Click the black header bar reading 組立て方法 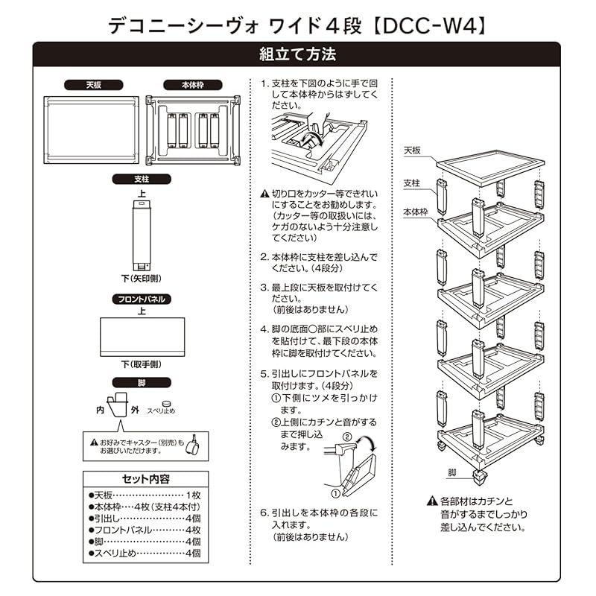point(298,54)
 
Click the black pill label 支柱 point(142,180)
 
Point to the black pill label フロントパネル point(142,299)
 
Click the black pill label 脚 point(142,382)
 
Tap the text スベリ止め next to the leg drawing point(160,410)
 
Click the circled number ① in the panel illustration point(336,493)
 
